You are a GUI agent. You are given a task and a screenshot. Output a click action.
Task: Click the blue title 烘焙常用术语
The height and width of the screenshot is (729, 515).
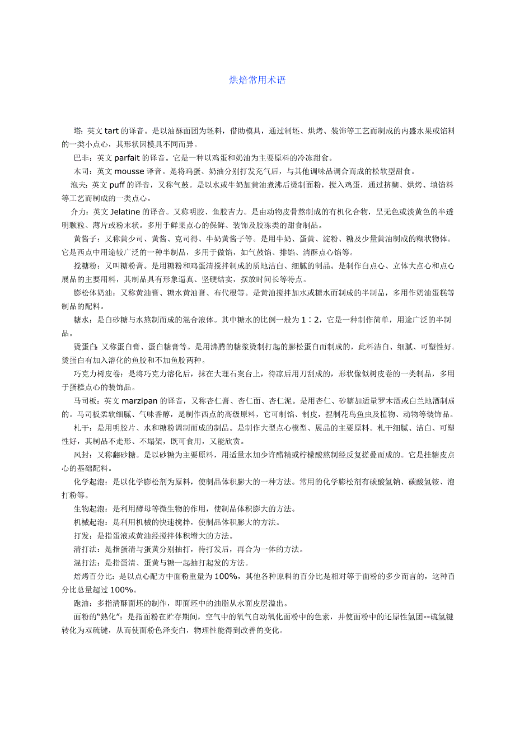(257, 80)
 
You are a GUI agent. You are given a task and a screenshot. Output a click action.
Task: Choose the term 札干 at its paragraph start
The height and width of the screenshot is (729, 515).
(81, 428)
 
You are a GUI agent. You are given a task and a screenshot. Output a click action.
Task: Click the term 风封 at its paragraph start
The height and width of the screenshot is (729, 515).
(81, 455)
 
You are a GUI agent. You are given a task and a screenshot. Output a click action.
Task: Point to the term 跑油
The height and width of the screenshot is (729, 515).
(81, 604)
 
